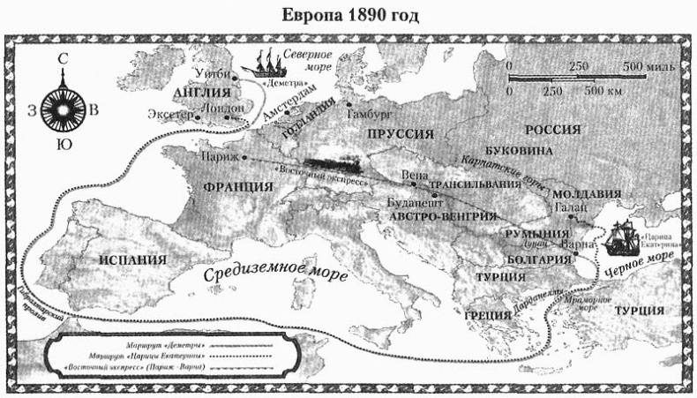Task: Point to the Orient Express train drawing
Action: [x=334, y=166]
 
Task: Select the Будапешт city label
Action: [x=415, y=202]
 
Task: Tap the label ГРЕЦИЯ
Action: [x=487, y=315]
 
